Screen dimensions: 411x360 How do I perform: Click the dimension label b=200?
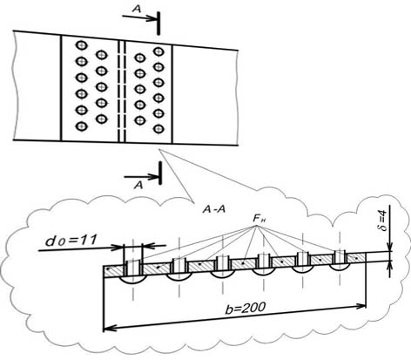(x=246, y=308)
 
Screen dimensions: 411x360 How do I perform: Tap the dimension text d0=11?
(x=71, y=241)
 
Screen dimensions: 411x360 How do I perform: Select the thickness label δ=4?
(x=383, y=221)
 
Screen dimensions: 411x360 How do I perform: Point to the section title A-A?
(x=214, y=209)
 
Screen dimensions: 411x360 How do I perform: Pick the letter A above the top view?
(x=137, y=9)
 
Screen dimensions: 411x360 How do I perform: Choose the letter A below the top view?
(x=138, y=185)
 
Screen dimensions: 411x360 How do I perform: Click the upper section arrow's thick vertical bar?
(x=158, y=24)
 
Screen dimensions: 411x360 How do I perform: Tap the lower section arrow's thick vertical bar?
(x=160, y=173)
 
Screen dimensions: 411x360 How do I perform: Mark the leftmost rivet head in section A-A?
(x=133, y=279)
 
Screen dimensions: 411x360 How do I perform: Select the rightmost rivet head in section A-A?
(x=340, y=267)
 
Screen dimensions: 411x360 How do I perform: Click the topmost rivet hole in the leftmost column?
(x=82, y=45)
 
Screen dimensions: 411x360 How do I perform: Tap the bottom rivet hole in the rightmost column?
(x=158, y=129)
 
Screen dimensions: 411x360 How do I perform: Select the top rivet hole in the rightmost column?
(x=158, y=51)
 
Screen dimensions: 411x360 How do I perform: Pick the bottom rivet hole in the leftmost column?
(x=82, y=126)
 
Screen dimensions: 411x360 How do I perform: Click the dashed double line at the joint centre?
(x=122, y=92)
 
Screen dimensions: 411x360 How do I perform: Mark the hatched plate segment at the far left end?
(x=114, y=270)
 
